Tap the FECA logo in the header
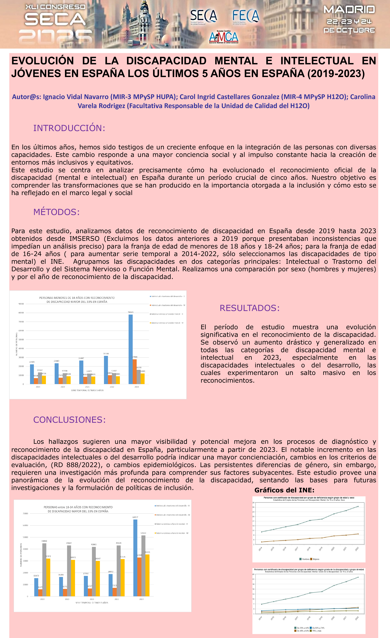click(x=245, y=16)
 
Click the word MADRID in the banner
click(x=349, y=10)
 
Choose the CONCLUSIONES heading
click(x=69, y=420)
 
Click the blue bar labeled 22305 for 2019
click(x=32, y=374)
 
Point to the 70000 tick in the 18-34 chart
click(x=25, y=513)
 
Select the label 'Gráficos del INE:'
click(x=284, y=490)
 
